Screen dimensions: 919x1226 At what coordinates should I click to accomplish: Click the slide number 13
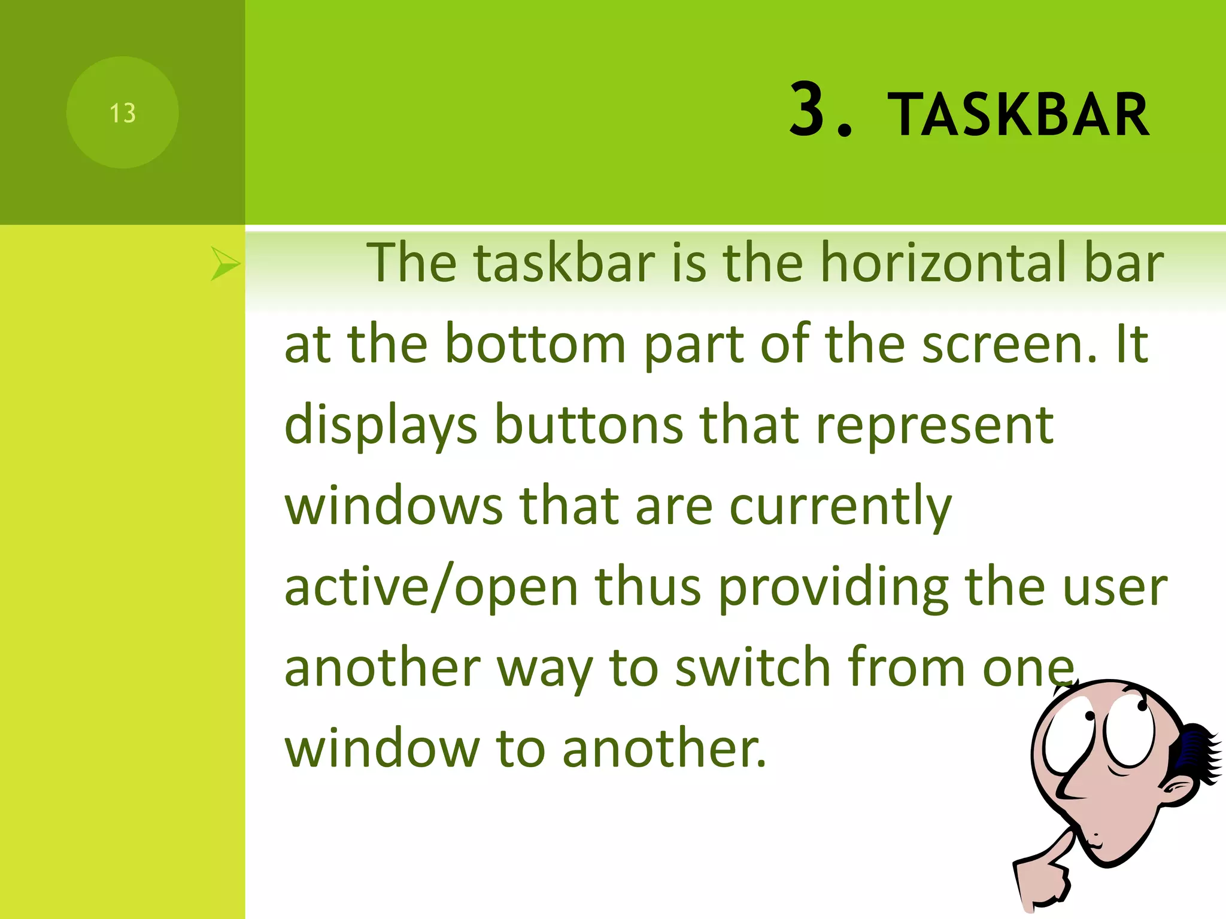123,113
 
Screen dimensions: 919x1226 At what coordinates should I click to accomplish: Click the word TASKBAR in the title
1018,115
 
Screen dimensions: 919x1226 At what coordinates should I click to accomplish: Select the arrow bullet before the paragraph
224,264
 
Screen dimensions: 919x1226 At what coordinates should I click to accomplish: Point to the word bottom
535,344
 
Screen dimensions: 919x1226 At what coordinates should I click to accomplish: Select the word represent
934,426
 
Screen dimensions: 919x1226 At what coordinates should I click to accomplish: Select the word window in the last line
382,748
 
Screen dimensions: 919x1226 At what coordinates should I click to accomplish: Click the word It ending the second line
1131,344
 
